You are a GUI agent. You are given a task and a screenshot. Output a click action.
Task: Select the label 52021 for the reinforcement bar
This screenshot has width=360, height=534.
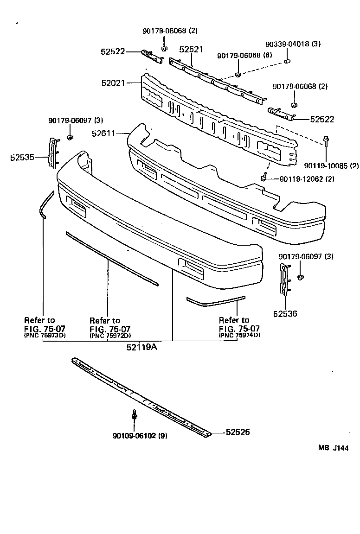pos(113,83)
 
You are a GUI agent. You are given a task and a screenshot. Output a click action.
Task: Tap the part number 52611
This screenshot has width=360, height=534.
pos(103,133)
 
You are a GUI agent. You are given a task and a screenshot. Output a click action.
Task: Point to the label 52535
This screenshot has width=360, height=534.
pos(22,158)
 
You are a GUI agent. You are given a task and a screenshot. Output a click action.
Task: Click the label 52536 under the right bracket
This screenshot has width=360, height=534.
pos(285,314)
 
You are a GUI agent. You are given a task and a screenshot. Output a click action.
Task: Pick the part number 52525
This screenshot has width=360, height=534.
pos(238,432)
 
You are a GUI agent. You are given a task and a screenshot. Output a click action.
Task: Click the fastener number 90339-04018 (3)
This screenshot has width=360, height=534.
pos(293,44)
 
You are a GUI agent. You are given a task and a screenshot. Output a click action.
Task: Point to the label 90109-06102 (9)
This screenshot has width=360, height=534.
pos(140,436)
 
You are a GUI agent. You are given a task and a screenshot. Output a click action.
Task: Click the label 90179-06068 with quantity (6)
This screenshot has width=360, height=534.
pos(244,56)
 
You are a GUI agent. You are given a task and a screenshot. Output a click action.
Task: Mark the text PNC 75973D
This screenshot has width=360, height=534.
pos(45,336)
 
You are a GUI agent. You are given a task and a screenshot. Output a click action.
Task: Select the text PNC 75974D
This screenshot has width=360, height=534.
pos(239,335)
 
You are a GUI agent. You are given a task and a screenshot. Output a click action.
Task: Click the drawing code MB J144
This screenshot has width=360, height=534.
pos(333,448)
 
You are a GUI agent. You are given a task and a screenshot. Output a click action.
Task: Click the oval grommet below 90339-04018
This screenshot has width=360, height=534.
pos(287,61)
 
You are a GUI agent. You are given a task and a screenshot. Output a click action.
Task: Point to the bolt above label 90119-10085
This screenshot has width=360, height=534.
pos(327,141)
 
